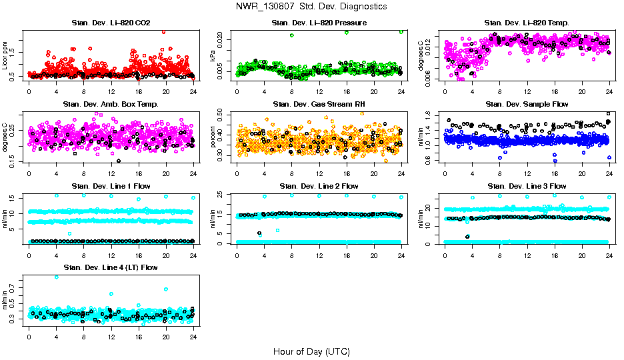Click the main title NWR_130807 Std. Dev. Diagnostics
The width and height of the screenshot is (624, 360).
coord(311,7)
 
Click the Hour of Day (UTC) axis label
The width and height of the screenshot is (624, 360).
coord(311,351)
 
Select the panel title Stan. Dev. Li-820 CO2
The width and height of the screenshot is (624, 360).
coord(111,23)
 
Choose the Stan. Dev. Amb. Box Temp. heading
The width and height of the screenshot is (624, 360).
coord(111,104)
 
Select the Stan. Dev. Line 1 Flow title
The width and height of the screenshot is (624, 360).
coord(111,186)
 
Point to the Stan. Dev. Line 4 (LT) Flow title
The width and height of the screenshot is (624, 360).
coord(111,267)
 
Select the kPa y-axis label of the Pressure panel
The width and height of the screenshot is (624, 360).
coord(214,56)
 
